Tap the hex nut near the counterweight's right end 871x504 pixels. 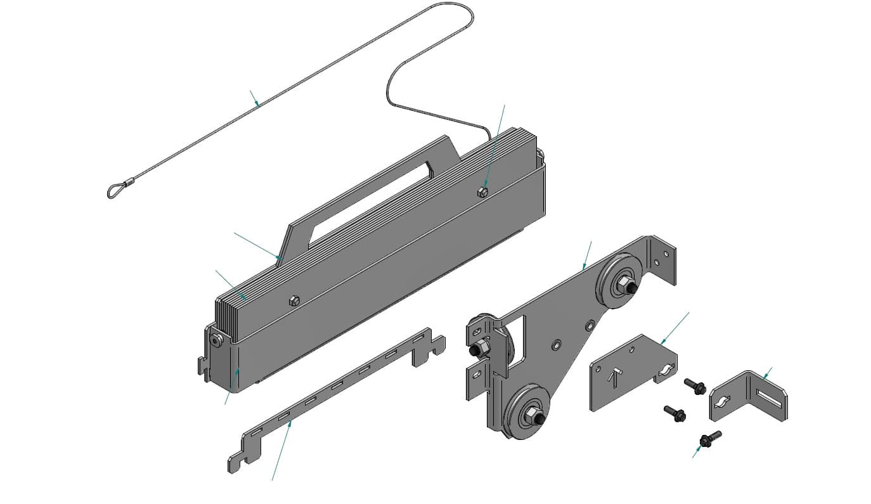coord(482,191)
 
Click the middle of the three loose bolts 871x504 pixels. coord(674,413)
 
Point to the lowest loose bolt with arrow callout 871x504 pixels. coord(709,438)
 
